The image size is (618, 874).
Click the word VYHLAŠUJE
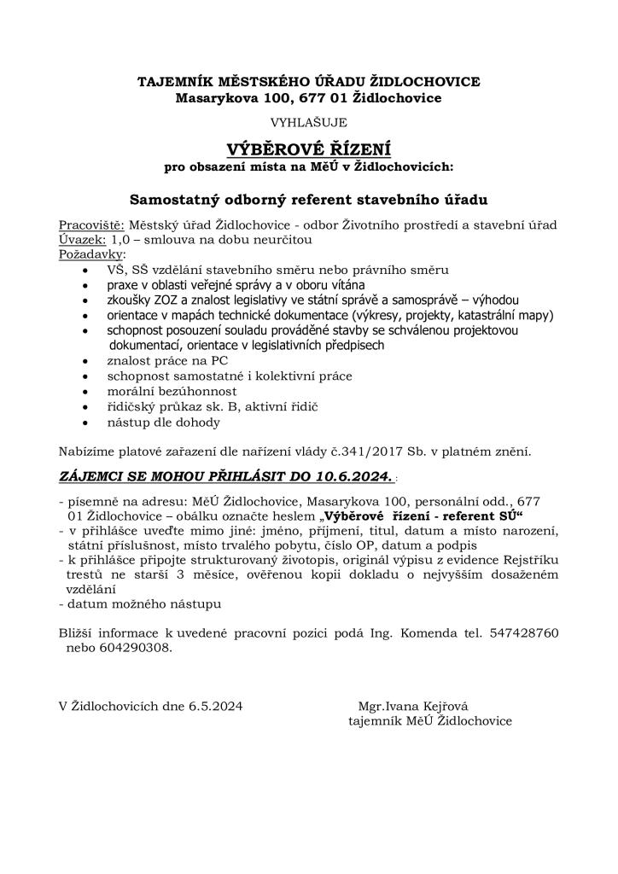pos(308,123)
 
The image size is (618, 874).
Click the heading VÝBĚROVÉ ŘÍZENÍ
pos(308,148)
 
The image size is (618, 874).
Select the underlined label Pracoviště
pos(91,225)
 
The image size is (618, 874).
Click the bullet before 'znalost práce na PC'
pos(90,361)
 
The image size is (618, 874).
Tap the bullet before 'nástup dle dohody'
pos(90,422)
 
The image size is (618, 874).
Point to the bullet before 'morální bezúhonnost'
pos(90,391)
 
